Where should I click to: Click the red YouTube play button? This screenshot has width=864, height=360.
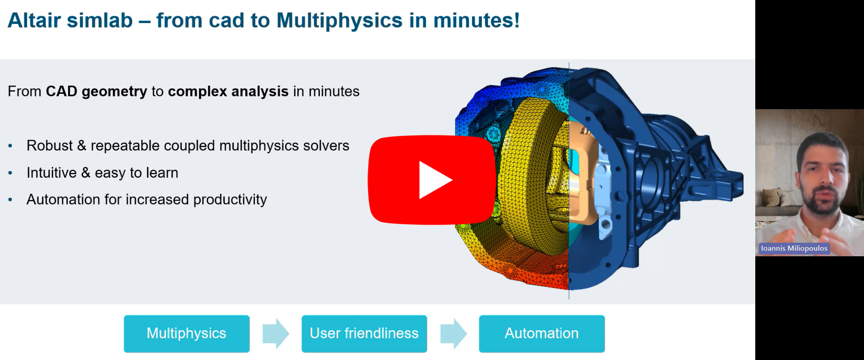[431, 180]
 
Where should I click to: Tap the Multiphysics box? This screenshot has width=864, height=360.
[186, 333]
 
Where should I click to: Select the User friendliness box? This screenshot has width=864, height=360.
[364, 333]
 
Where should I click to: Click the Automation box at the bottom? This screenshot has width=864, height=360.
[541, 333]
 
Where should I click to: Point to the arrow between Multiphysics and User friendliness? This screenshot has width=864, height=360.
[276, 334]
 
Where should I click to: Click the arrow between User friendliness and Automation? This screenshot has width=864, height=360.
[453, 334]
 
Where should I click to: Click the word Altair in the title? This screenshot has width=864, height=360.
[34, 20]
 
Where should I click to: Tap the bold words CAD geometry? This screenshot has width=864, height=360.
[97, 92]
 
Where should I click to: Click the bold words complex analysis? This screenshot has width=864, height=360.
[228, 92]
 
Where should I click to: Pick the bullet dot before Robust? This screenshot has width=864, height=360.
[10, 146]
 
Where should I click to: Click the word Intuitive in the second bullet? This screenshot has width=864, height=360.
[51, 173]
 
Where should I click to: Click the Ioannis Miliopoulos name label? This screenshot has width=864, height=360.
[794, 248]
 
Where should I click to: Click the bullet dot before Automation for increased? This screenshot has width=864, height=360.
[10, 199]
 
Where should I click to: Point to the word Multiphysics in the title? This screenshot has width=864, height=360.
[340, 20]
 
